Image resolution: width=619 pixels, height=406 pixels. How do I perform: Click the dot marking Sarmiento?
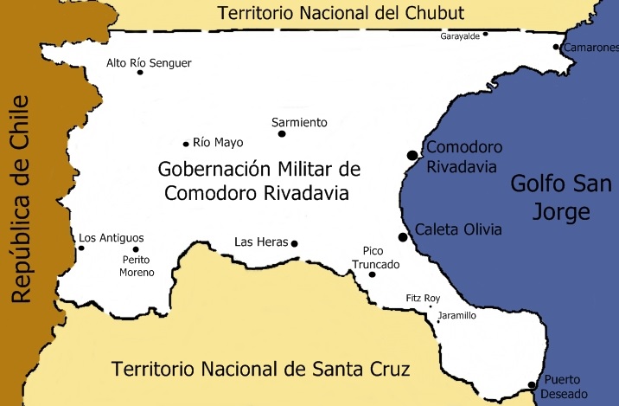tap(282, 133)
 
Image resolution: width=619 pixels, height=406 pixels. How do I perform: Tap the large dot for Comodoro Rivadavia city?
tap(412, 155)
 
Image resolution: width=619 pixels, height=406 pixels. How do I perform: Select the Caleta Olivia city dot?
tap(403, 237)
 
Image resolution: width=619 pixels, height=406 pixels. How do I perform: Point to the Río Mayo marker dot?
tap(186, 144)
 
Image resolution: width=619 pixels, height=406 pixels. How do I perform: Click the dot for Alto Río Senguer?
tap(140, 73)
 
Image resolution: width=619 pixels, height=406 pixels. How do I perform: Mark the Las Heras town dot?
tap(295, 244)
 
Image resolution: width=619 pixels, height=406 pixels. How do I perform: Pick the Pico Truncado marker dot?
tap(373, 275)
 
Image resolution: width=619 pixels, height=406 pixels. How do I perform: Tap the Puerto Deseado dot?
tap(531, 385)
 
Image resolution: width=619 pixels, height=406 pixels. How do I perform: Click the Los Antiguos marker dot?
tap(81, 248)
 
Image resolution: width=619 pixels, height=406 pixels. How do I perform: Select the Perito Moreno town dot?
tap(136, 249)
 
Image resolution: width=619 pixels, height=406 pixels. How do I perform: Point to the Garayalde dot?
tap(486, 34)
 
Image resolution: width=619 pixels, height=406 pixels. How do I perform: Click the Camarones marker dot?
tap(557, 48)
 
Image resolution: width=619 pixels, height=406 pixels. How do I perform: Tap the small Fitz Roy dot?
tap(431, 307)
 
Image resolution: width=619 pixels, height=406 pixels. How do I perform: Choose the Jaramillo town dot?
tap(438, 322)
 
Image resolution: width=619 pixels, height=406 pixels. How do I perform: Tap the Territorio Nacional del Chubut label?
tap(341, 13)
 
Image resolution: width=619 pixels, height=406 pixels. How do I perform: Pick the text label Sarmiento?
tap(299, 122)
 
